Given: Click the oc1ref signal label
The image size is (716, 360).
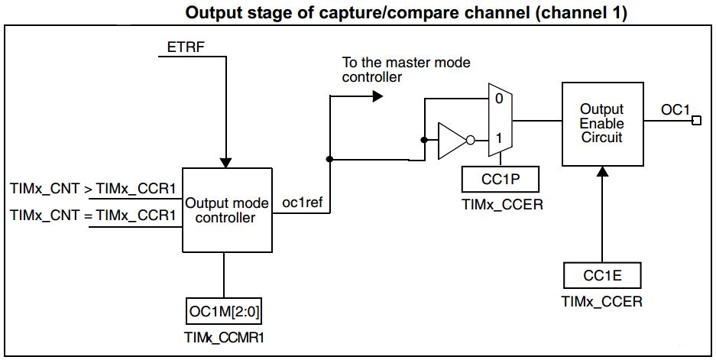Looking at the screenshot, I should (x=301, y=203).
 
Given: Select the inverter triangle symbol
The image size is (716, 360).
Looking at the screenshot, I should (x=450, y=140).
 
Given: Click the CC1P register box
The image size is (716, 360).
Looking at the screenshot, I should (x=501, y=180).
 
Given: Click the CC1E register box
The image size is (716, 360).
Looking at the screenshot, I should (x=602, y=274).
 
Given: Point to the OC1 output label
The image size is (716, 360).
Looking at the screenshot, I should (x=674, y=110).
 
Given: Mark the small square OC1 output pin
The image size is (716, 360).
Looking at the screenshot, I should (x=695, y=121).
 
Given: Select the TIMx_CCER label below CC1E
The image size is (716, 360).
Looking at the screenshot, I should (x=602, y=301).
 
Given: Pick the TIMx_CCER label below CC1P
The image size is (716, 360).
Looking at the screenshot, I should (x=501, y=206).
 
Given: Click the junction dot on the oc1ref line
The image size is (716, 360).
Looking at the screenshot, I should (x=329, y=160).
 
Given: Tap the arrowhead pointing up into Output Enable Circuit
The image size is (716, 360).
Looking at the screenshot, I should (x=602, y=172).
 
